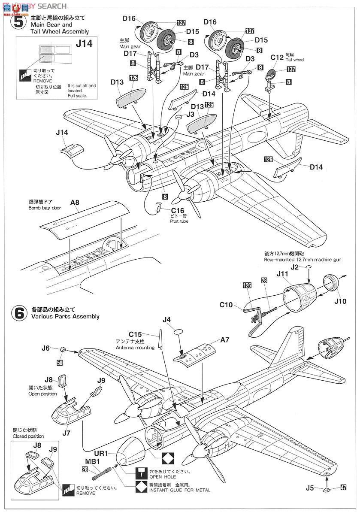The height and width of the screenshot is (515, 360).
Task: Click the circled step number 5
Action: click(x=19, y=21)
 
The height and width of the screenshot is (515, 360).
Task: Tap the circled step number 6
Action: click(x=19, y=312)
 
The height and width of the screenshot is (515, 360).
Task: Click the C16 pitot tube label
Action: click(x=177, y=211)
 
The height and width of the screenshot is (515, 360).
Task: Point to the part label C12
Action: click(x=277, y=57)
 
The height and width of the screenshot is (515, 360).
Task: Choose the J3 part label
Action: click(x=191, y=115)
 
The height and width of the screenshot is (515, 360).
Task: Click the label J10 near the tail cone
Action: click(x=340, y=301)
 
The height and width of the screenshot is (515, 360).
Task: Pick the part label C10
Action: click(x=226, y=305)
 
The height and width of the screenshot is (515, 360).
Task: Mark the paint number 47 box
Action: click(x=343, y=488)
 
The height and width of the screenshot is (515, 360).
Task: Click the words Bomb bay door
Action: click(x=45, y=208)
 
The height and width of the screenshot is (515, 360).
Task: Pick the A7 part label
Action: click(x=225, y=339)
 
